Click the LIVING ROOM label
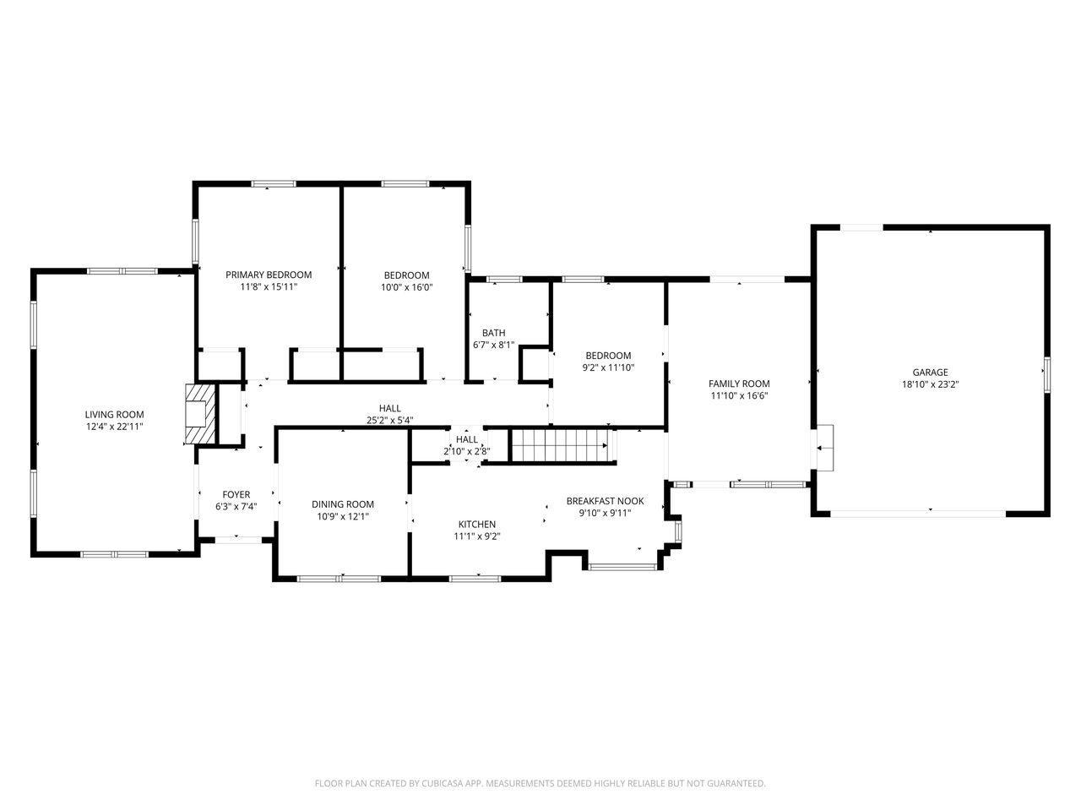click(x=114, y=415)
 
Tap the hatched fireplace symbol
click(x=200, y=414)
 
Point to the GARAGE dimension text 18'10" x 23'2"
click(x=930, y=384)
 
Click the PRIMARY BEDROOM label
click(x=269, y=275)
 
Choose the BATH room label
click(x=493, y=333)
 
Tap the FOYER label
click(x=236, y=494)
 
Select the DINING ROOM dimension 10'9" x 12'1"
click(x=343, y=516)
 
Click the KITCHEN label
click(x=476, y=525)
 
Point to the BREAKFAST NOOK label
click(x=605, y=501)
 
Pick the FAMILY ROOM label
click(x=739, y=384)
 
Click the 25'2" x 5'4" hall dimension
click(x=389, y=421)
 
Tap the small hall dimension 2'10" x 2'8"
click(x=466, y=451)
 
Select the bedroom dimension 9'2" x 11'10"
click(x=608, y=367)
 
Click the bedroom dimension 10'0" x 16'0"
click(x=406, y=287)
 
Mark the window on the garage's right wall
click(x=1046, y=375)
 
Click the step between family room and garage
click(x=825, y=448)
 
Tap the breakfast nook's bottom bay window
click(x=622, y=567)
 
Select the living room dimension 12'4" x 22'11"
click(x=114, y=427)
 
